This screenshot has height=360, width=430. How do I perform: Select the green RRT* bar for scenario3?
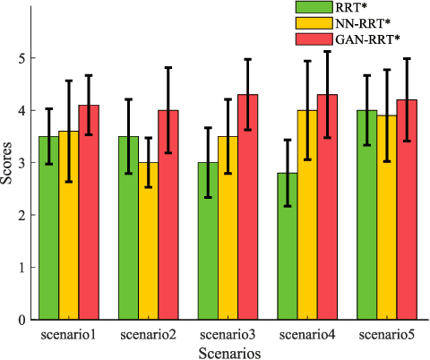pyautogui.click(x=208, y=241)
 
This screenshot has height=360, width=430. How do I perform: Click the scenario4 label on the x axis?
pyautogui.click(x=307, y=335)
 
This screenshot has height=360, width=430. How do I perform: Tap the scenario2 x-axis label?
pyautogui.click(x=147, y=335)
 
